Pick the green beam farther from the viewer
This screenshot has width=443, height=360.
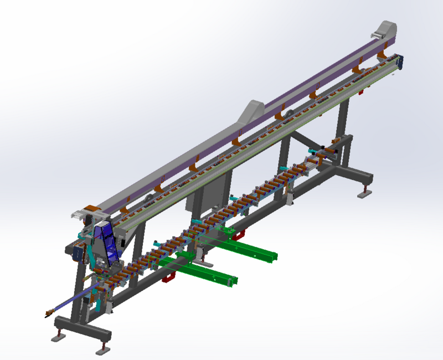252,249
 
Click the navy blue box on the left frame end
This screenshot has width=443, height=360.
77,253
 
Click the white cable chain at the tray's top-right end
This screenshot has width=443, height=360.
378,35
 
